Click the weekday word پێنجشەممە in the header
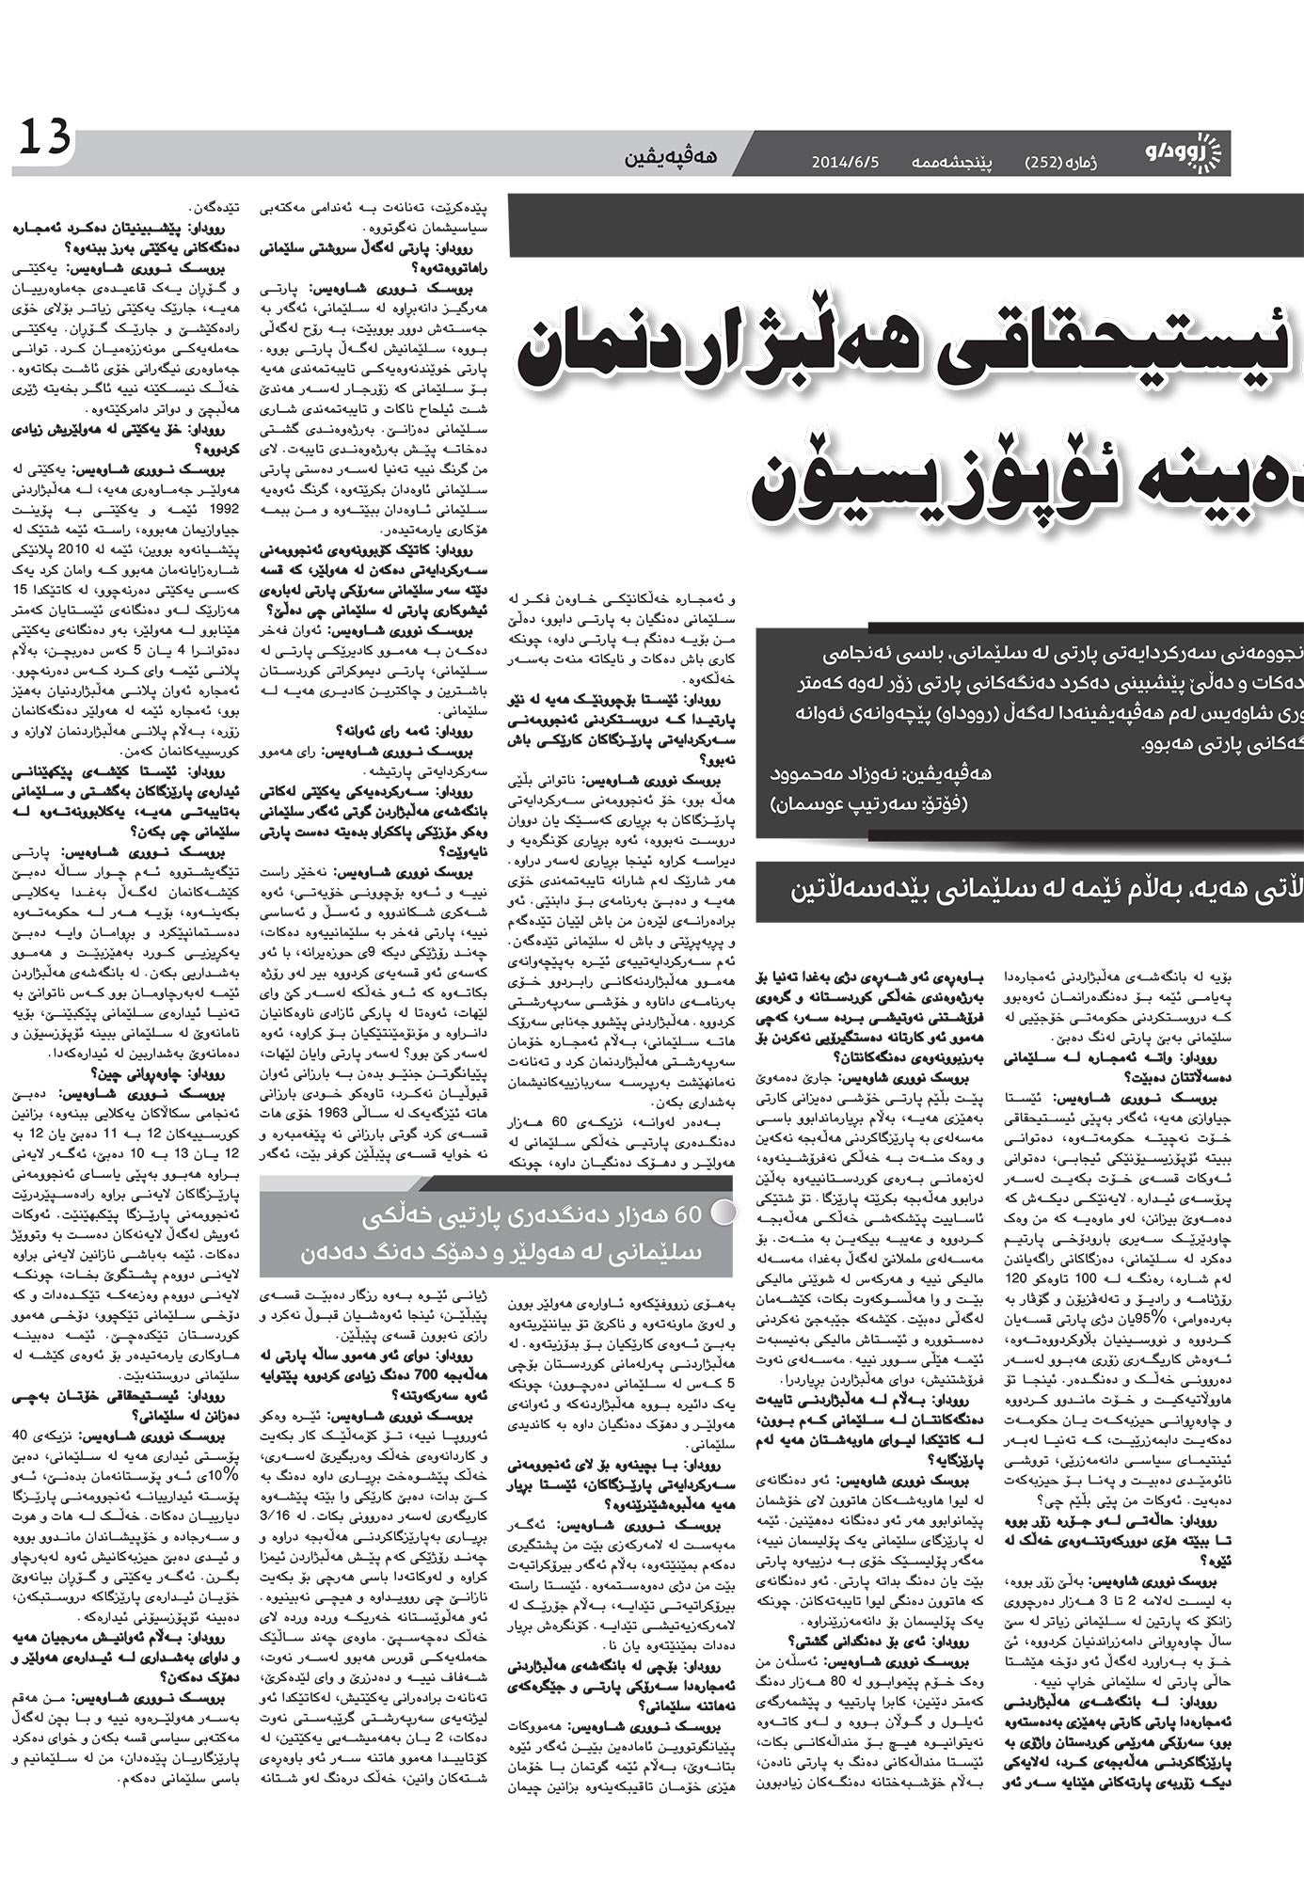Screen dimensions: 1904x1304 (x=951, y=162)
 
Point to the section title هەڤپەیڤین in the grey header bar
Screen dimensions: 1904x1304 (x=670, y=156)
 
